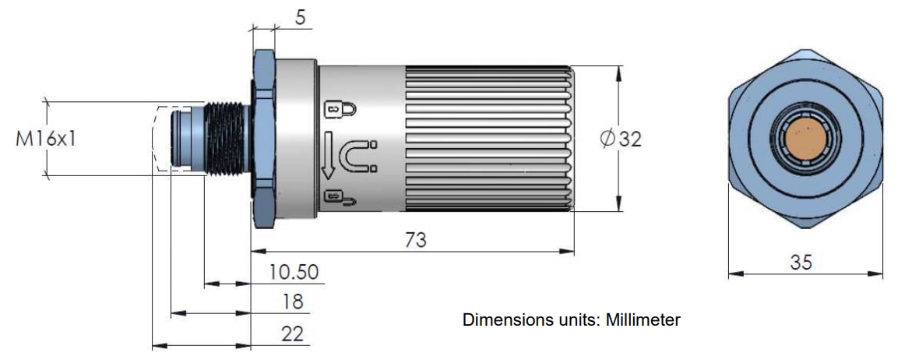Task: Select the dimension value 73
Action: pos(416,240)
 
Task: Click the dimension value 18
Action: pos(293,302)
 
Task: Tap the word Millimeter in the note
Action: pos(643,320)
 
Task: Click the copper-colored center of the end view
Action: pos(805,141)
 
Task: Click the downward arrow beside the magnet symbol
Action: pos(329,154)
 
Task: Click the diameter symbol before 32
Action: pos(607,139)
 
